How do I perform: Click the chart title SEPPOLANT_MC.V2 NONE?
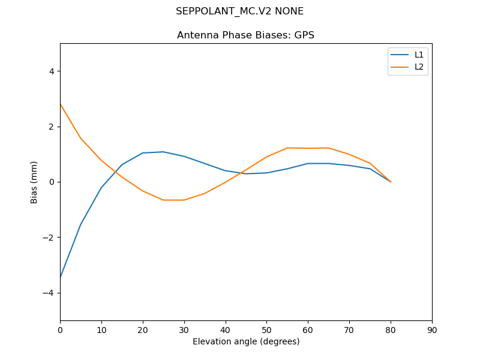[239, 11]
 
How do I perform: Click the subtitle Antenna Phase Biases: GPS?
[245, 35]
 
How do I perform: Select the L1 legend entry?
[419, 55]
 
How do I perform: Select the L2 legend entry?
[419, 67]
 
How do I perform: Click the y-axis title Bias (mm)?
[34, 182]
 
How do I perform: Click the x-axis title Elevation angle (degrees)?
[245, 342]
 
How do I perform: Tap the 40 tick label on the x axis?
[225, 330]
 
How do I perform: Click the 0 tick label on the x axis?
[60, 330]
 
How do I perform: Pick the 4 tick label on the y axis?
[51, 71]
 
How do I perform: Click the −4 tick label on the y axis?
[49, 293]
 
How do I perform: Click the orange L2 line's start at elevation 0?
[60, 104]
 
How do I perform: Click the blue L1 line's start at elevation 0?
[60, 278]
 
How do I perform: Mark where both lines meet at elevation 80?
[391, 182]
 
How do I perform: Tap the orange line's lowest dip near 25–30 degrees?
[173, 200]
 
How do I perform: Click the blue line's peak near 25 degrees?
[163, 152]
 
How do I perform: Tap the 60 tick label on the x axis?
[308, 330]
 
